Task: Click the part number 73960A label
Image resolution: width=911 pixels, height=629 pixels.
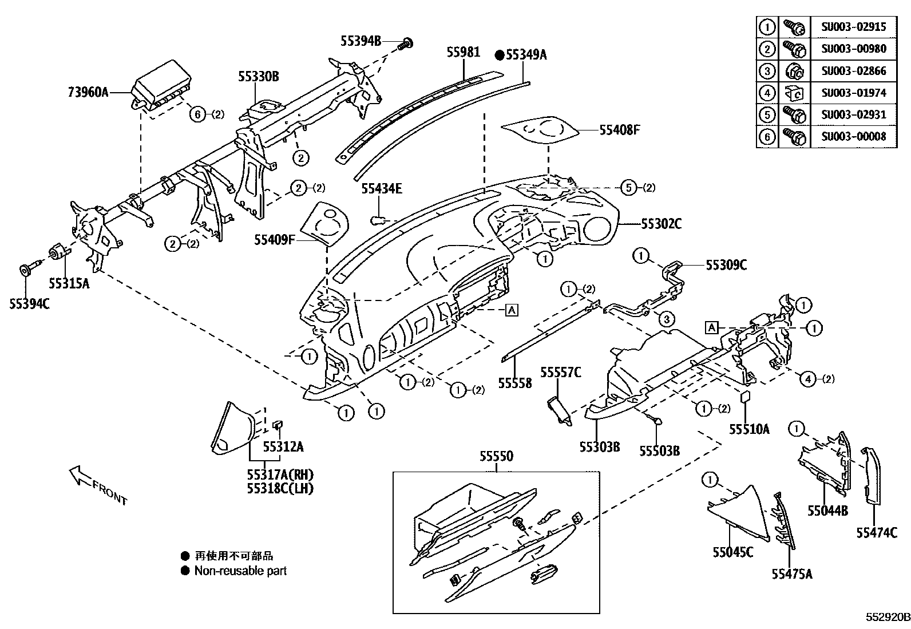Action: (x=88, y=91)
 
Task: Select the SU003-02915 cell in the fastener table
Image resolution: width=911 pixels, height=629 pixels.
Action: (x=853, y=26)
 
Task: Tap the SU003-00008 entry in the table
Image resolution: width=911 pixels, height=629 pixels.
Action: (x=853, y=136)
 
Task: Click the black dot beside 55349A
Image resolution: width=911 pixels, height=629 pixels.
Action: (x=499, y=55)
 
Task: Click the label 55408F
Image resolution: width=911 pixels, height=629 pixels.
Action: (x=619, y=130)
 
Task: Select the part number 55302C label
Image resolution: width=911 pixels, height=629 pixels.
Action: (x=661, y=224)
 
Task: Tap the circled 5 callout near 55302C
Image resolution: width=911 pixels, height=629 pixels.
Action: (x=629, y=187)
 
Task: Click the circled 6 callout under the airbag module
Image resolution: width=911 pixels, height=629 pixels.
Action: (x=197, y=114)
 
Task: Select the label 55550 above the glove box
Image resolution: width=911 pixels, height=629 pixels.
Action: (x=496, y=456)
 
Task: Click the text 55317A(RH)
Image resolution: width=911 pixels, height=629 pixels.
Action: (x=280, y=475)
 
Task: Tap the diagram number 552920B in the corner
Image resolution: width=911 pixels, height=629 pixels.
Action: (x=887, y=618)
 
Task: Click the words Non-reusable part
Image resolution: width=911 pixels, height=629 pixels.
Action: (x=240, y=571)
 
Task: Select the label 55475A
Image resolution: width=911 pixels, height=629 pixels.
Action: (x=791, y=574)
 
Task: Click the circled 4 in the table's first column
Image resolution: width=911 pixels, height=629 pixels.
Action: (x=767, y=92)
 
